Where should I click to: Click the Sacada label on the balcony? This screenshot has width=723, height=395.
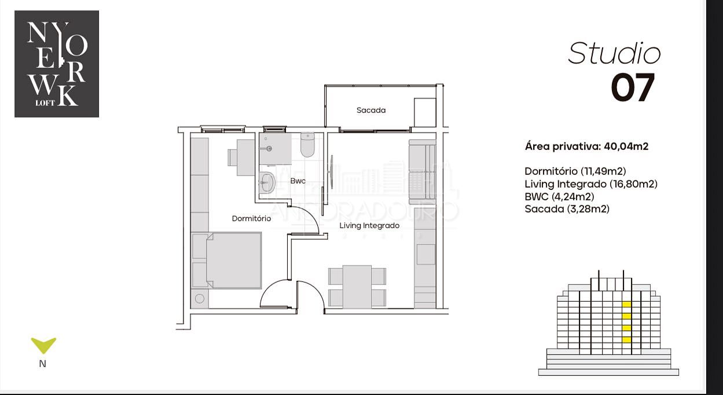coord(371,110)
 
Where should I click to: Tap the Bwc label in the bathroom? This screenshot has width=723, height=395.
coord(298,181)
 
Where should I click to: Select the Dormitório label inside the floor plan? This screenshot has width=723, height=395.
coord(251,219)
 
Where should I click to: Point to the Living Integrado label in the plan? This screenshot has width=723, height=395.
coord(369,225)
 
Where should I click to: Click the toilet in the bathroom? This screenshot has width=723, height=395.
coord(307,145)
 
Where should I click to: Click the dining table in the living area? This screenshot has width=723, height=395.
coord(357,287)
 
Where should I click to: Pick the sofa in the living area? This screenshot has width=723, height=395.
coord(422,172)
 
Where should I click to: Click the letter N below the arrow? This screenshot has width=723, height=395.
coord(43,364)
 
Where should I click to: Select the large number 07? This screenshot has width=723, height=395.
coord(633,87)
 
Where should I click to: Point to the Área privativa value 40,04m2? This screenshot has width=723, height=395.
coord(626,147)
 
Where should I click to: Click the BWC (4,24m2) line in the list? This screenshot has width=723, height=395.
coord(559,196)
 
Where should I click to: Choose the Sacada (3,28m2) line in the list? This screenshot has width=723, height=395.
coord(567,209)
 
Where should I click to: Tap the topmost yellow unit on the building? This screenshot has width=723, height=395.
coord(626,304)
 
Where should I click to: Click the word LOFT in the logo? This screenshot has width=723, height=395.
coord(45,103)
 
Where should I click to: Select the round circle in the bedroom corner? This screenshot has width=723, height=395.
coord(200,298)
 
